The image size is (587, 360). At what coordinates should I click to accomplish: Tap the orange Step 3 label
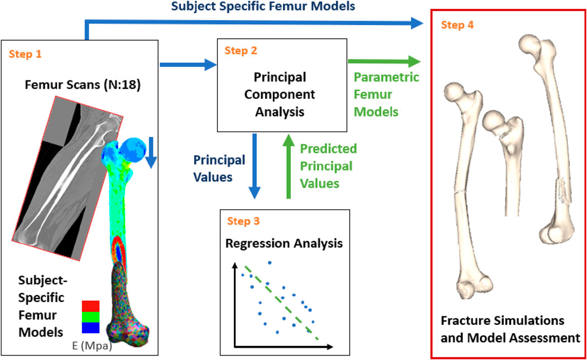click(x=243, y=221)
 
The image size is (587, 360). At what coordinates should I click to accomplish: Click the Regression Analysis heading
click(x=284, y=243)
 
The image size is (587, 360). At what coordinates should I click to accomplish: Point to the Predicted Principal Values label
click(x=328, y=166)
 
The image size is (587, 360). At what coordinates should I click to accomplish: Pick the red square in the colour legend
click(x=90, y=306)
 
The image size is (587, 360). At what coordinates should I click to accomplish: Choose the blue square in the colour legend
click(x=90, y=327)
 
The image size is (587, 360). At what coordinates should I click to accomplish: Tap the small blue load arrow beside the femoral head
click(x=150, y=156)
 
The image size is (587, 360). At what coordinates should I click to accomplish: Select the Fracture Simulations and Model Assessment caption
click(x=509, y=329)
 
